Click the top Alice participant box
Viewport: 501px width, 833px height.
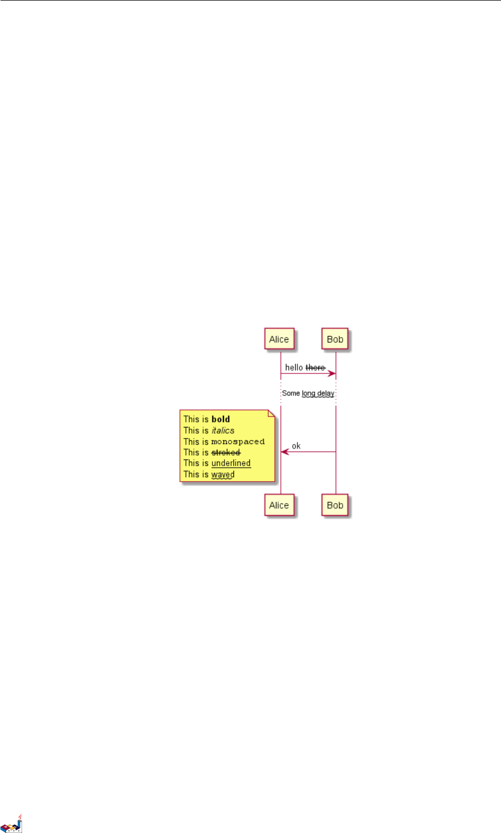tap(279, 339)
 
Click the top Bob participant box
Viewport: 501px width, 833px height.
tap(335, 339)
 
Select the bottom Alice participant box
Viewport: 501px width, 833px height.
tap(279, 505)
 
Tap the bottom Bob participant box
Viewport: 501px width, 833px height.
tap(335, 505)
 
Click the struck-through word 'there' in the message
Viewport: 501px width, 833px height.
tap(315, 367)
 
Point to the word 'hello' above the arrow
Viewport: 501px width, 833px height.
tap(294, 367)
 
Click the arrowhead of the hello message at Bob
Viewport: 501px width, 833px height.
tap(332, 373)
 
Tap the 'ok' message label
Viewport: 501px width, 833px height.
tap(296, 446)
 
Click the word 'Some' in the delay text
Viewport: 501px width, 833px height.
tap(291, 393)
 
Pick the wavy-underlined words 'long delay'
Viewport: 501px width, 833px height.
tap(318, 393)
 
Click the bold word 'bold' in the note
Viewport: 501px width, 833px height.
tap(221, 419)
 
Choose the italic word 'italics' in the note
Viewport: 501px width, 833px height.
tap(223, 430)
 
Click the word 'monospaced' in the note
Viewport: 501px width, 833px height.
tap(238, 441)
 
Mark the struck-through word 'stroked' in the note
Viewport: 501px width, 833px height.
tap(226, 452)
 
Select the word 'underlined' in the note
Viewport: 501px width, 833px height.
tap(231, 463)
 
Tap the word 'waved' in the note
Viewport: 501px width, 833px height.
tap(223, 474)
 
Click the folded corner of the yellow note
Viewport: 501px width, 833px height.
tap(271, 413)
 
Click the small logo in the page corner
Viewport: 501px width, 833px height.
tap(12, 824)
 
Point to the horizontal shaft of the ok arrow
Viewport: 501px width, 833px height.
tap(312, 452)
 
